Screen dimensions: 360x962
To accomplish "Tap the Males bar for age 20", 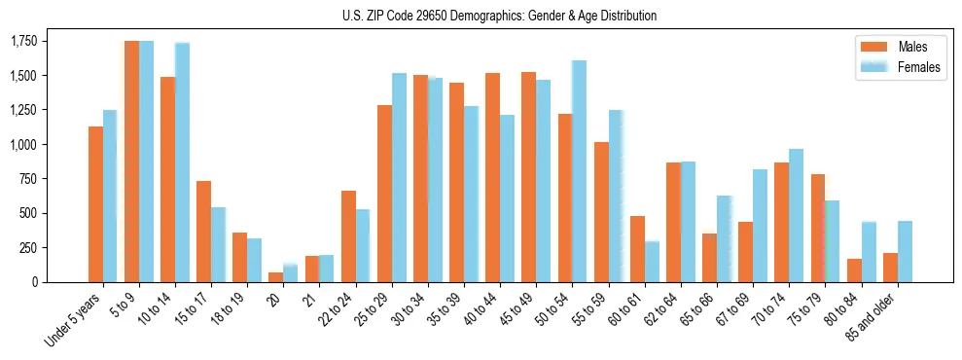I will [275, 277].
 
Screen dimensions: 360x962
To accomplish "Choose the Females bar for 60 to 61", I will [652, 262].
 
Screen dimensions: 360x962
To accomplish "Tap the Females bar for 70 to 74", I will [796, 215].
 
